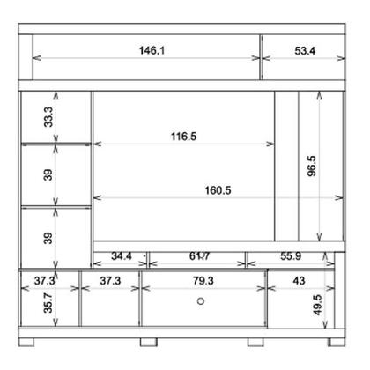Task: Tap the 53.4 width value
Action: click(x=305, y=51)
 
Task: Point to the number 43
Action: click(x=299, y=280)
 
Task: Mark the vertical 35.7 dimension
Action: click(x=48, y=306)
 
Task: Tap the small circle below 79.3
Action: click(x=201, y=301)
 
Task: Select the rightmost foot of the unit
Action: click(x=337, y=341)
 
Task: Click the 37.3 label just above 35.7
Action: click(x=47, y=280)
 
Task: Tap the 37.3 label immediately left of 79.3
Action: click(x=110, y=280)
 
